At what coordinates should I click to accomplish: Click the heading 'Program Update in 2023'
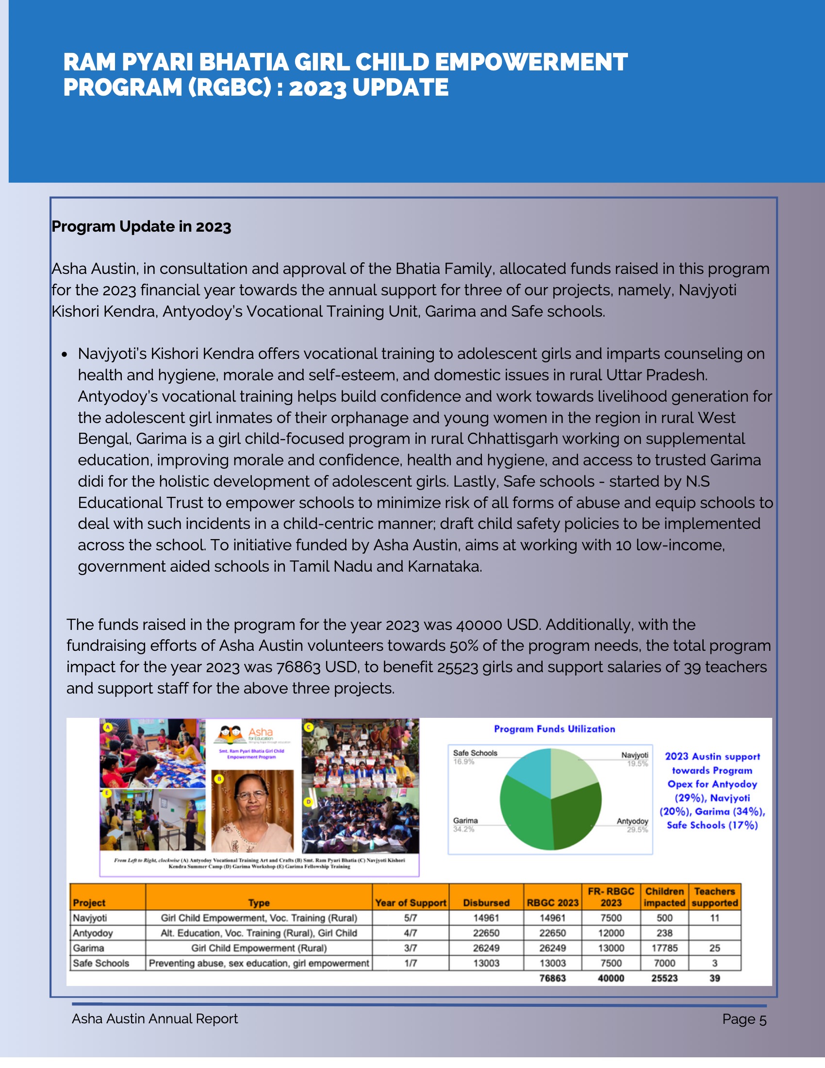point(141,226)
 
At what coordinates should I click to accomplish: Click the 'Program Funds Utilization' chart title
point(554,729)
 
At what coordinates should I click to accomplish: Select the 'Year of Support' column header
point(410,903)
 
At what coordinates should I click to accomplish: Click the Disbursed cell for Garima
point(486,948)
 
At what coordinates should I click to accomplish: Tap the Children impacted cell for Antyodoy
point(664,932)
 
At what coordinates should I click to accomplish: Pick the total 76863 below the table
point(552,978)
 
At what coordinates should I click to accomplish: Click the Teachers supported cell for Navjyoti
point(714,918)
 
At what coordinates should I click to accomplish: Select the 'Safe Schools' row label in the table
point(101,963)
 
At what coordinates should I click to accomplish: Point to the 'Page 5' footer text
point(744,1019)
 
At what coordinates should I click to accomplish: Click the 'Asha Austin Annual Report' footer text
point(154,1018)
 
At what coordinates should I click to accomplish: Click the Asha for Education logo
point(247,734)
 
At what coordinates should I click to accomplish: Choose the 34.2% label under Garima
point(463,830)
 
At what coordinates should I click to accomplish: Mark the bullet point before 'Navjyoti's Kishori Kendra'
point(65,354)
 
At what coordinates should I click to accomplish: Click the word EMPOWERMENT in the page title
point(531,63)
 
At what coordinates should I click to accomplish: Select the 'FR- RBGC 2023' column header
point(610,897)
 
